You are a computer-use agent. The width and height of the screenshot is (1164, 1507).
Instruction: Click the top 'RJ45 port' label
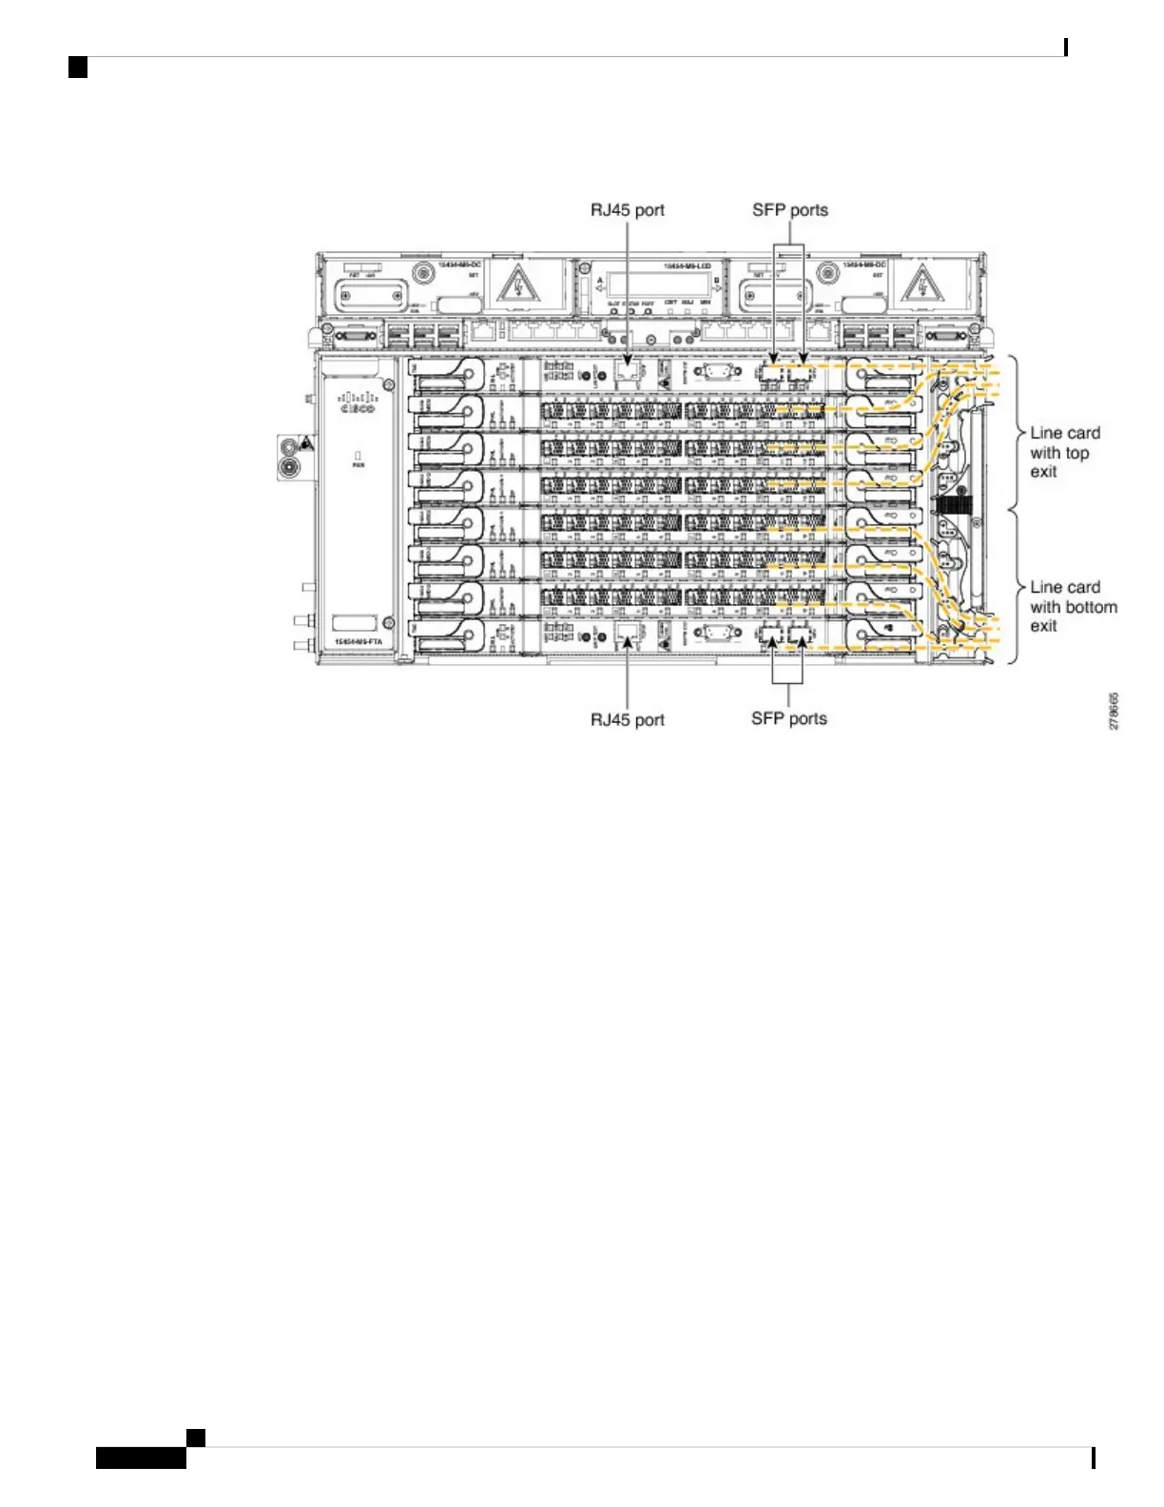[x=628, y=210]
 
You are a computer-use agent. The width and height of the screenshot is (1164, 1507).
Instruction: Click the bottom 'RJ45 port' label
[x=628, y=719]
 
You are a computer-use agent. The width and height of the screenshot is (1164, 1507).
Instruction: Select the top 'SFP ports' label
[x=790, y=210]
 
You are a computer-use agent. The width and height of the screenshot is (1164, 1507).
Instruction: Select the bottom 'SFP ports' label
[x=789, y=718]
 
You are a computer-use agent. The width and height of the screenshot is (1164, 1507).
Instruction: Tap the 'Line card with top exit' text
[x=1064, y=452]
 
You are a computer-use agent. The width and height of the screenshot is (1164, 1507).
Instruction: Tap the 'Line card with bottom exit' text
[x=1073, y=607]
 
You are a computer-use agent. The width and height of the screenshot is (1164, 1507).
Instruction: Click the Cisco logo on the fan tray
[x=358, y=403]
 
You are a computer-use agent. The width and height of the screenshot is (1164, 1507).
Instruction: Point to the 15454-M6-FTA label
[x=359, y=642]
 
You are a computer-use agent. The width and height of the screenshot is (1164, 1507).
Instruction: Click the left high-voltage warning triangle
[x=518, y=284]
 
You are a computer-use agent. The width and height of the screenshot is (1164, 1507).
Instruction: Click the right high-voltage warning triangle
[x=921, y=284]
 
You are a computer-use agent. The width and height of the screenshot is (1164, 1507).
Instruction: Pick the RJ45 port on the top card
[x=627, y=372]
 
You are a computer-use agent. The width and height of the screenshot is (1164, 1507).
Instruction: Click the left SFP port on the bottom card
[x=771, y=635]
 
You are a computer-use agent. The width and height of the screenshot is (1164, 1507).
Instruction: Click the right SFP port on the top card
[x=801, y=374]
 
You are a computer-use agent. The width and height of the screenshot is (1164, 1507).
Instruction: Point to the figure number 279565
[x=1114, y=711]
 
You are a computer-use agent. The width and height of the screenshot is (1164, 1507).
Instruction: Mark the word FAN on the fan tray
[x=359, y=465]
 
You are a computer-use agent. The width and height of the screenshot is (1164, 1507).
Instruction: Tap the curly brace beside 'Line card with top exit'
[x=1016, y=434]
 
